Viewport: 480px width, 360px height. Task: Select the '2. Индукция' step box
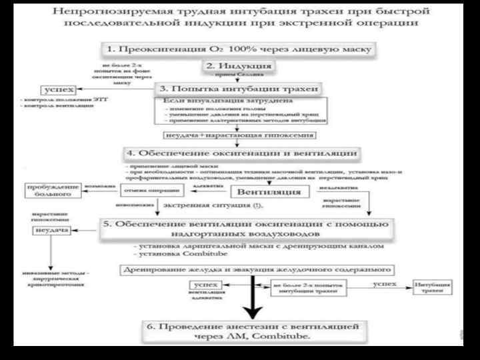tap(239, 66)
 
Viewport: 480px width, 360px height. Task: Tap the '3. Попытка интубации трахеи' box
tap(238, 89)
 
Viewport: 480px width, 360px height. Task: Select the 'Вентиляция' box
tap(265, 191)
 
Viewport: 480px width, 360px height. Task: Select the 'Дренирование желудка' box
tap(256, 271)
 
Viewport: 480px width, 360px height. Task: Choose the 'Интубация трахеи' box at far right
tap(433, 289)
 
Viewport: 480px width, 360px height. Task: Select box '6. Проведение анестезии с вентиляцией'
tap(253, 331)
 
